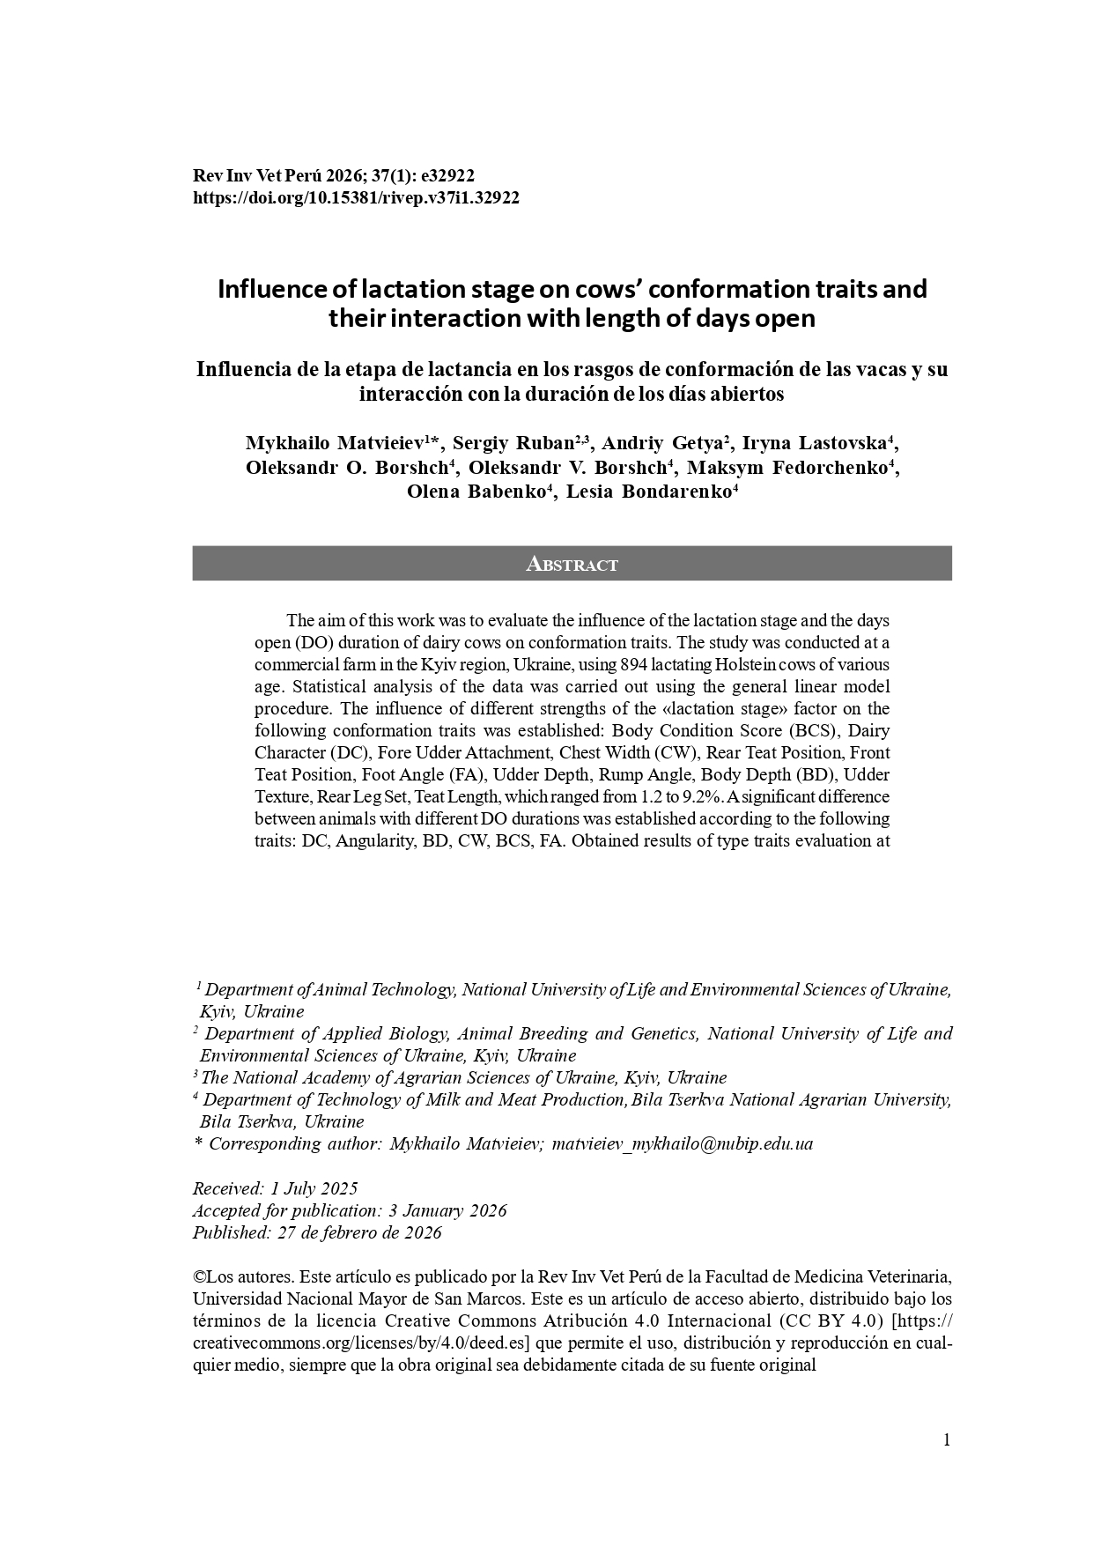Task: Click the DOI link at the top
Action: [356, 198]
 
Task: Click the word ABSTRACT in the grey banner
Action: [572, 565]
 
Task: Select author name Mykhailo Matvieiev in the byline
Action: [335, 442]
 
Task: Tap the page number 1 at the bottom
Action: [947, 1440]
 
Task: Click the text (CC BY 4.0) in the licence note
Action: [830, 1321]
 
